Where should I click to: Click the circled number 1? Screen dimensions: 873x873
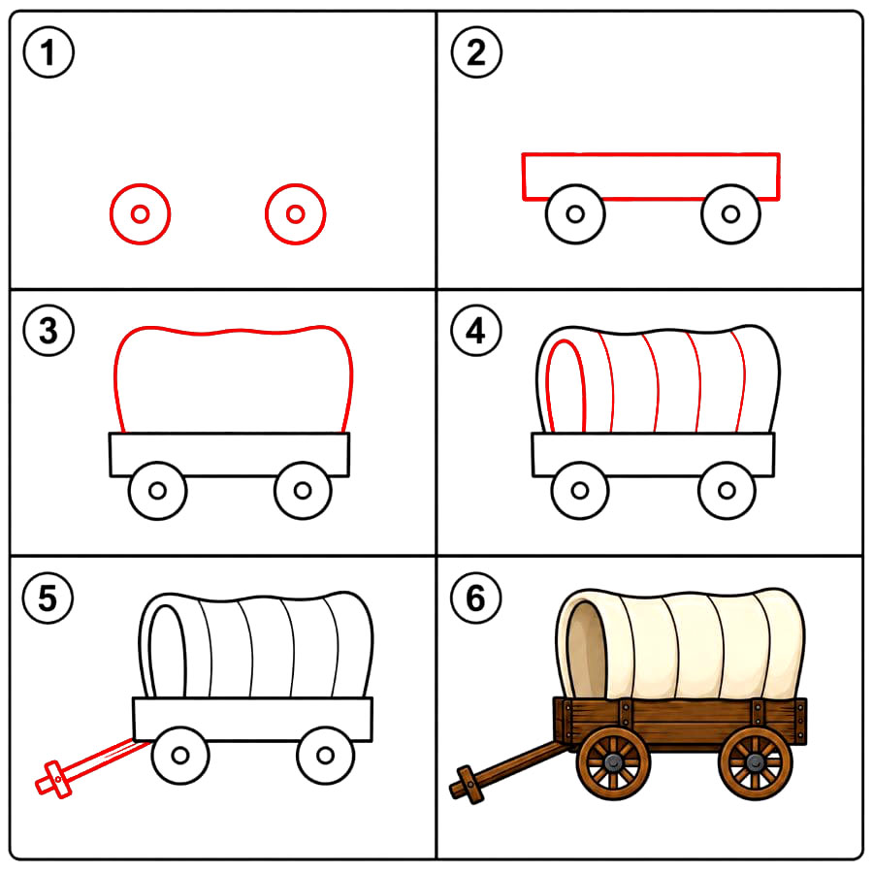click(x=48, y=52)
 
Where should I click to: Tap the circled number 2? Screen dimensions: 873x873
click(x=476, y=52)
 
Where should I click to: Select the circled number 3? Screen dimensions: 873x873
click(x=48, y=330)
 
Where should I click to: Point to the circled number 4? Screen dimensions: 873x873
click(x=476, y=330)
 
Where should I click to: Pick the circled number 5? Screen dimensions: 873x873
click(x=48, y=598)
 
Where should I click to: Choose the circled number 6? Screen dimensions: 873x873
click(x=476, y=598)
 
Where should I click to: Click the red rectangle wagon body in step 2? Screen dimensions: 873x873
click(x=650, y=154)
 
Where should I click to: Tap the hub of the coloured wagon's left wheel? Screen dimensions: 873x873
click(x=613, y=762)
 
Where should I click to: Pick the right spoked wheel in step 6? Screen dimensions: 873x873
click(x=756, y=762)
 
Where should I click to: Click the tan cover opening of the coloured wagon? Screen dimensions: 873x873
click(x=586, y=649)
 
